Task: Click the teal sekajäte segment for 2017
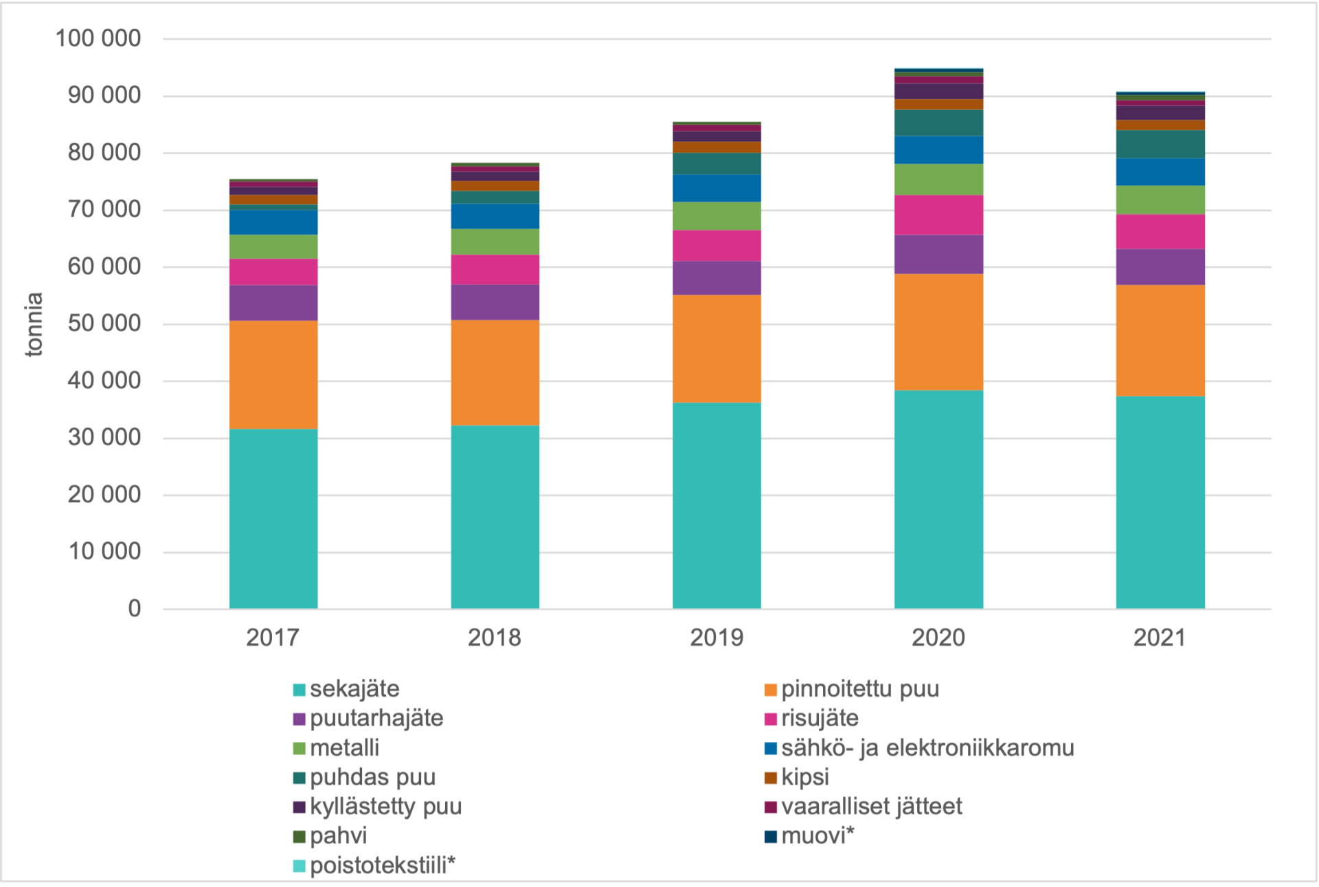pos(273,519)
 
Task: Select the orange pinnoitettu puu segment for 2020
pos(938,332)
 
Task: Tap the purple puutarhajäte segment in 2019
pos(717,278)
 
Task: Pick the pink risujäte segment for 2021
pos(1160,232)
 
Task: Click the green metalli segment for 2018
pos(495,242)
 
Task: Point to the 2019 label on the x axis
pos(717,638)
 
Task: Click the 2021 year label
pos(1160,638)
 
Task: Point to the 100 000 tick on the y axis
pos(98,38)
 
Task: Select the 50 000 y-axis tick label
pos(104,324)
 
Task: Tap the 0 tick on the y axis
pos(135,609)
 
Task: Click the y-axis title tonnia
pos(34,324)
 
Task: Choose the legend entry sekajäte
pos(354,689)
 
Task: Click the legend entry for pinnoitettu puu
pos(859,689)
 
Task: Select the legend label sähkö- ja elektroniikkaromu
pos(927,748)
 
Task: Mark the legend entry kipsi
pos(805,778)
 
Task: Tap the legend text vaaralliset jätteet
pos(871,807)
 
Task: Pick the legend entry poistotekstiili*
pos(382,866)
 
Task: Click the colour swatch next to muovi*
pos(771,837)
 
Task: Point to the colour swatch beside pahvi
pos(300,837)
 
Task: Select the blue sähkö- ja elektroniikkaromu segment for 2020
pos(938,150)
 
